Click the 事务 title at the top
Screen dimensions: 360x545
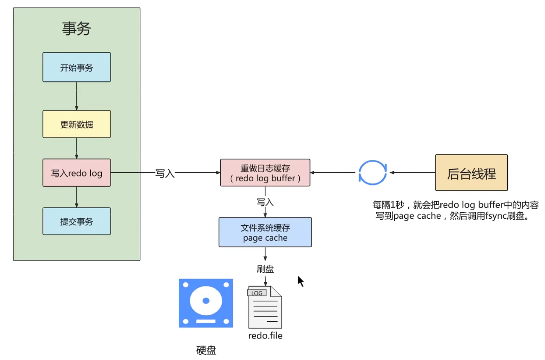pos(76,29)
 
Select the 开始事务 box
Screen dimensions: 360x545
pos(76,67)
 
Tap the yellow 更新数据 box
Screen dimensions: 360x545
pos(76,124)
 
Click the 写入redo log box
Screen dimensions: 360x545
pos(76,173)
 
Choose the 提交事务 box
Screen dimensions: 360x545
pos(76,221)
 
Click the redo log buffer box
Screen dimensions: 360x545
pos(265,173)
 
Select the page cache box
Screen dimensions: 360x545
pos(265,232)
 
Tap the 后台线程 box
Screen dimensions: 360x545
pos(471,173)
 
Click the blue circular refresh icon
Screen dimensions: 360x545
pos(373,172)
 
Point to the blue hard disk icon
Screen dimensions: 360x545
pos(206,303)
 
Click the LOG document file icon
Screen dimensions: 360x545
pos(265,307)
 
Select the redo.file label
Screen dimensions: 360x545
pos(265,336)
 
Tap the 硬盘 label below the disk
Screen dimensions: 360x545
pos(206,350)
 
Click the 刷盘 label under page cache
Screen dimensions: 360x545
pos(265,269)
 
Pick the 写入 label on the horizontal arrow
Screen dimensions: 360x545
pos(165,173)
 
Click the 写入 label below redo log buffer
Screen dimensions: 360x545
pos(265,202)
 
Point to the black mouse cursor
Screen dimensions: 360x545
pos(301,281)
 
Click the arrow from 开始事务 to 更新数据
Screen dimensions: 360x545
pos(77,96)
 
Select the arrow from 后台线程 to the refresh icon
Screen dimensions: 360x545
pos(413,172)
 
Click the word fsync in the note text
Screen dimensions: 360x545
pos(496,216)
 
